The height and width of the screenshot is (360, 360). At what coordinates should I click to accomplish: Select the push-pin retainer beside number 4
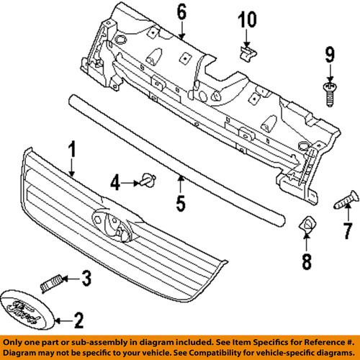coord(148,179)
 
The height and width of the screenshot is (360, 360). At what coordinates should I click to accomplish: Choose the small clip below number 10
coord(247,50)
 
